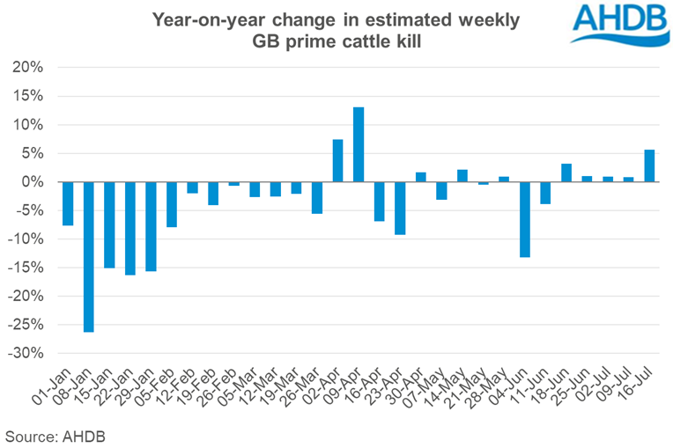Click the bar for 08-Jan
88,256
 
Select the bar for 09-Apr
359,144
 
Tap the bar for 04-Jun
525,219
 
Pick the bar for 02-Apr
337,160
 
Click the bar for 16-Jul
649,165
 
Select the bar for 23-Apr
400,208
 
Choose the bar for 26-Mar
317,197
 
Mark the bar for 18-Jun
566,173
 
